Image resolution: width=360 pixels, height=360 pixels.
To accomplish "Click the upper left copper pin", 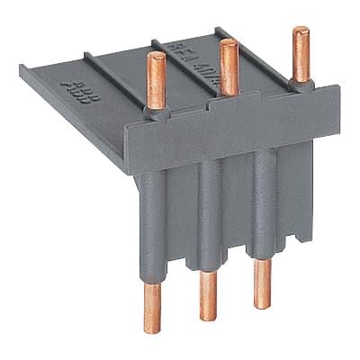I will pos(155,82).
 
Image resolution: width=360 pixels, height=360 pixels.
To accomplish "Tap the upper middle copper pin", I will pos(228,68).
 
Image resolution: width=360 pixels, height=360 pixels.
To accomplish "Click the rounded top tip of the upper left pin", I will pos(153,56).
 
